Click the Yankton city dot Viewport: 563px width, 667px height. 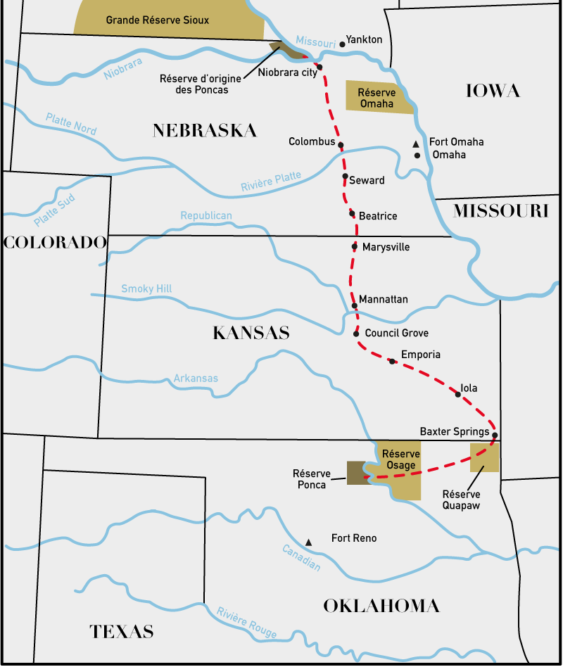coord(343,44)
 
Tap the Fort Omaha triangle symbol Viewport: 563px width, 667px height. coord(416,144)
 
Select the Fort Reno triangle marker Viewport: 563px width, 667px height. coord(308,542)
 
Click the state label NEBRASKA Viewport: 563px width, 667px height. coord(205,130)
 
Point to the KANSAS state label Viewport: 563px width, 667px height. coord(251,333)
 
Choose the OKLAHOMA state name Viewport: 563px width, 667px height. coord(381,606)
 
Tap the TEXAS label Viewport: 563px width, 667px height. coord(122,631)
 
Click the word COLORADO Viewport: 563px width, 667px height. coord(55,243)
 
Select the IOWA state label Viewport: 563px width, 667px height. coord(493,91)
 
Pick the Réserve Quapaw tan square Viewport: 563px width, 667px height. coord(485,457)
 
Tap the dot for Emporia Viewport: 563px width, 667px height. coord(392,361)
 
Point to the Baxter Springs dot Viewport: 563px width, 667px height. coord(495,435)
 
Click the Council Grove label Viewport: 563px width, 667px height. coord(396,333)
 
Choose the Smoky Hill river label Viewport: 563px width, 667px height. coord(146,288)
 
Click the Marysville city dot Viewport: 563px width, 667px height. coord(355,247)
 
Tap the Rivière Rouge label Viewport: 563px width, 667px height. coord(246,622)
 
